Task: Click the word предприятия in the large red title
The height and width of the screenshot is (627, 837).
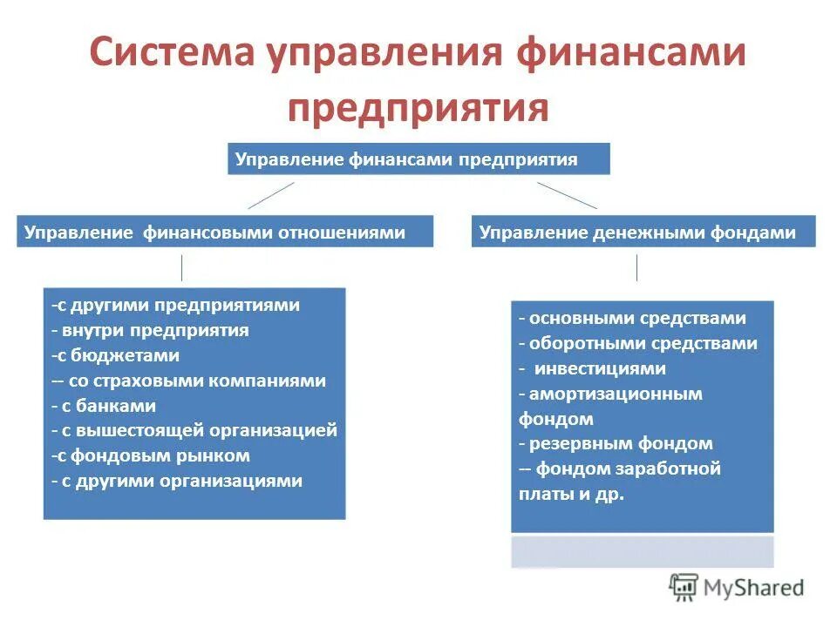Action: (418, 108)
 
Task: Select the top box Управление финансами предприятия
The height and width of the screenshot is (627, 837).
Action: (418, 159)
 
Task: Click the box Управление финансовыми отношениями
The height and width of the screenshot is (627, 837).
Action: (224, 233)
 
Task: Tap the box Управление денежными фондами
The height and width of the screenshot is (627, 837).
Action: (643, 233)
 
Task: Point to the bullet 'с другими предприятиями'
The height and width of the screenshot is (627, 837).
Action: (175, 306)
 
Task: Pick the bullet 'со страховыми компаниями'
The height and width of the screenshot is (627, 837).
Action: (188, 381)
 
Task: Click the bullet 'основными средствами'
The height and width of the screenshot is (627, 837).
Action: (633, 319)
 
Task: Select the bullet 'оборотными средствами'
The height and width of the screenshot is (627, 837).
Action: (638, 343)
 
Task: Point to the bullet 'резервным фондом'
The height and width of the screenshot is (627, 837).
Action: (616, 444)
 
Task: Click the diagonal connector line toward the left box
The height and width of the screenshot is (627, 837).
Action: (271, 195)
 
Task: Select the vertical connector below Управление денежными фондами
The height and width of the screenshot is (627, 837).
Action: (636, 266)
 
